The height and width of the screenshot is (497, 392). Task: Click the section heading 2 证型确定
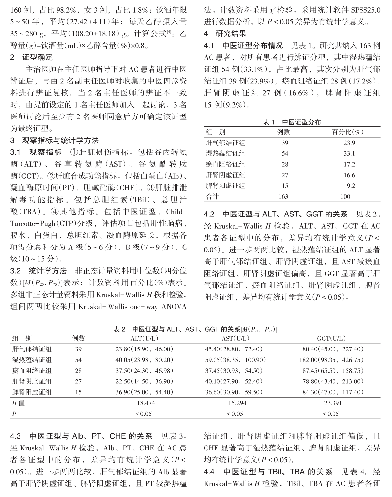coord(31,57)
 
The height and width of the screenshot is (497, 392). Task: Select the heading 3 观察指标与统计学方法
coord(55,140)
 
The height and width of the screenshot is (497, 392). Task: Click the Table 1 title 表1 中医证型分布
coord(292,122)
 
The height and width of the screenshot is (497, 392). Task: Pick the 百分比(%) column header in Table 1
coord(347,132)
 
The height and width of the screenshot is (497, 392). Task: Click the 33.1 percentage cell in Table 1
coord(349,153)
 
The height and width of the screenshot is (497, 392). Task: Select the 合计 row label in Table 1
coord(213,197)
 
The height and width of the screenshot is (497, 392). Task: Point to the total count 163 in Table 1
coord(283,197)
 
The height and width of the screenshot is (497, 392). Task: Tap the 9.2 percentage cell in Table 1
coord(351,186)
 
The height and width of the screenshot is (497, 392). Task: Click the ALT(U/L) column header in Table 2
coord(144,338)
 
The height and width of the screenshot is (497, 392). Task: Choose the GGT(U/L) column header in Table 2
coord(331,338)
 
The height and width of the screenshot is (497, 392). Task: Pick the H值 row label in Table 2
coord(19,403)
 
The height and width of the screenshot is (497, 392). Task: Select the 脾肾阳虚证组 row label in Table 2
coord(32,392)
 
